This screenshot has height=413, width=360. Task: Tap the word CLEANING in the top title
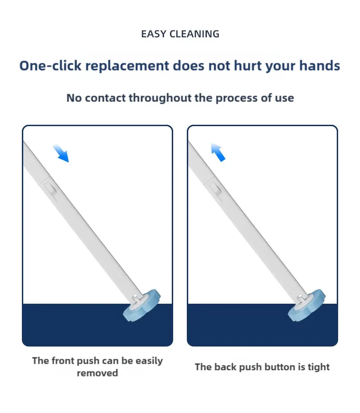(195, 34)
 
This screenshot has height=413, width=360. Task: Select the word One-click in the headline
(50, 66)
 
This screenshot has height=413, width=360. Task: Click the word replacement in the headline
(127, 66)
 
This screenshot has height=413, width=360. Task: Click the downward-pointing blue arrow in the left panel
(61, 153)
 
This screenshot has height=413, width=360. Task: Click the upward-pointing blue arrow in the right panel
(218, 152)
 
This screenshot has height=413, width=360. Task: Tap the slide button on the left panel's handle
(50, 189)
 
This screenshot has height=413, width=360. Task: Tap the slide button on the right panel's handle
(215, 189)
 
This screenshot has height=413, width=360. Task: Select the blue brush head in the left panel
(142, 305)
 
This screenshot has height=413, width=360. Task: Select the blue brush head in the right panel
(307, 305)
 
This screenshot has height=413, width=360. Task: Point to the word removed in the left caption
(98, 373)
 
